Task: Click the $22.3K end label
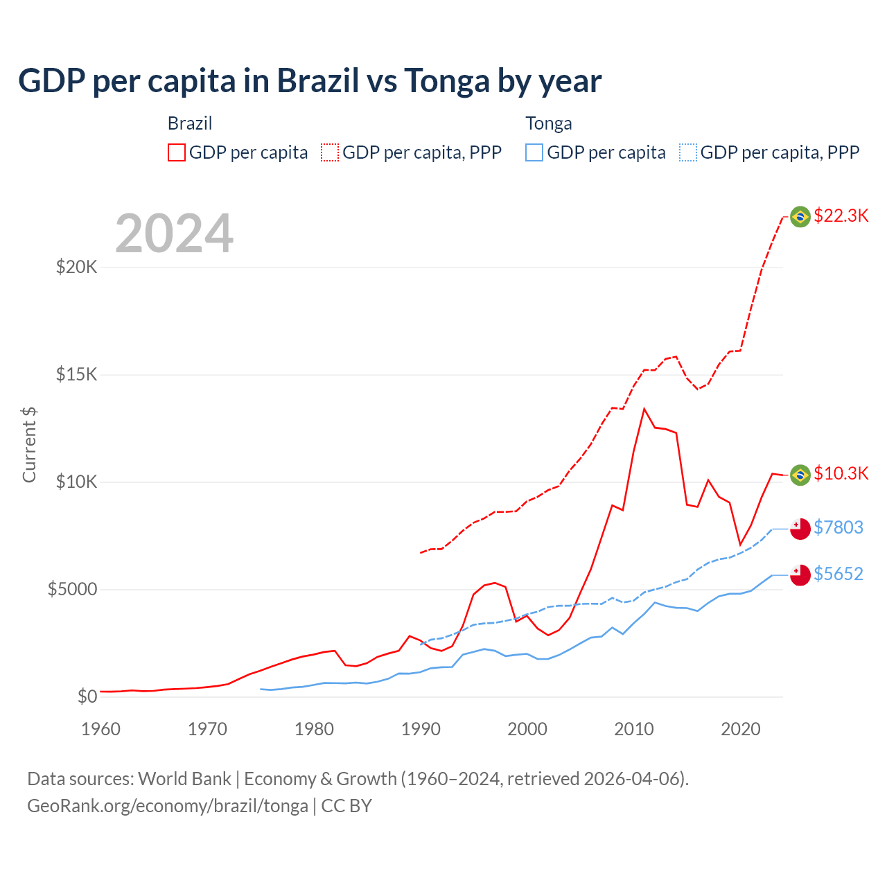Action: tap(841, 216)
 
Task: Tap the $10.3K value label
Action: tap(841, 473)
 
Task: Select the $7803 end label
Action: tap(838, 527)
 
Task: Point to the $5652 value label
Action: tap(838, 574)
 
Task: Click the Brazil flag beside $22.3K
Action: tap(800, 217)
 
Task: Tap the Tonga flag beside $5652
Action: tap(800, 575)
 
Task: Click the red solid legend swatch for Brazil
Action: tap(177, 152)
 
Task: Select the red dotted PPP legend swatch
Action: tap(330, 152)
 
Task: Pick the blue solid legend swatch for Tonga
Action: tap(534, 152)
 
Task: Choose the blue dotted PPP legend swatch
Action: tap(688, 152)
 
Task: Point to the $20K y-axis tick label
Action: tap(76, 267)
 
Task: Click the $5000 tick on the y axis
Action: tap(72, 589)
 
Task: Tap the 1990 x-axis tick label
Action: tap(421, 729)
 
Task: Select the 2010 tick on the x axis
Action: tap(634, 729)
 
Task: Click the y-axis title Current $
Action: tap(29, 444)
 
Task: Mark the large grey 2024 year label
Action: tap(174, 234)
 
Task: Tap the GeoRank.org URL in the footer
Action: tap(168, 806)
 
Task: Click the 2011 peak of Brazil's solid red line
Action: tap(644, 409)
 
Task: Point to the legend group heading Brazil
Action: tap(190, 123)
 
